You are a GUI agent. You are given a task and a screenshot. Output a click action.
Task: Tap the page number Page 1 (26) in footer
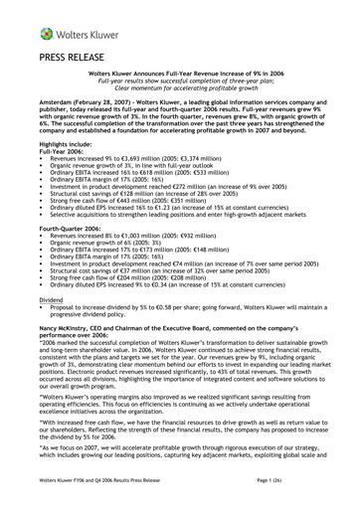(x=319, y=481)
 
